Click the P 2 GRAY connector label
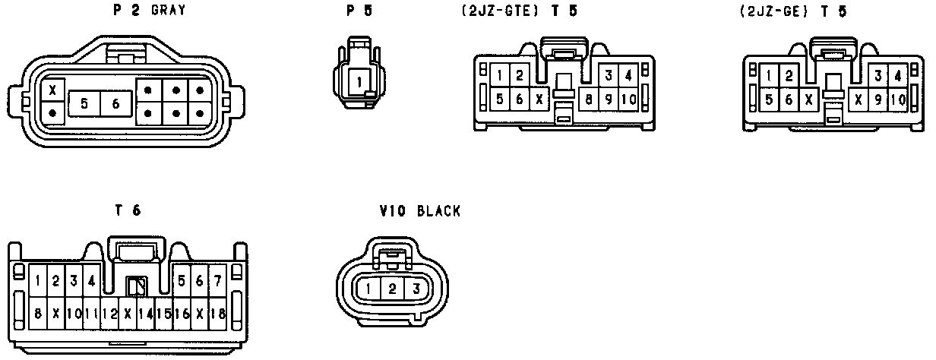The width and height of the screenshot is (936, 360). click(x=148, y=11)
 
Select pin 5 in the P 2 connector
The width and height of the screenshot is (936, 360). click(x=84, y=104)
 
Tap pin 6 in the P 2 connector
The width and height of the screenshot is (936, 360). click(x=115, y=104)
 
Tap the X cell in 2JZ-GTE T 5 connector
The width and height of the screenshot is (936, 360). click(x=538, y=99)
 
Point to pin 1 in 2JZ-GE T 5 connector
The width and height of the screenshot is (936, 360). click(x=770, y=76)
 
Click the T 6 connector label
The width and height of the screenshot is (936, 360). click(x=128, y=212)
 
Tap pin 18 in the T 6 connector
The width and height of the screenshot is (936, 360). click(x=218, y=313)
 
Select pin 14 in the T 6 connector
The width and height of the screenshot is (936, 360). click(x=146, y=313)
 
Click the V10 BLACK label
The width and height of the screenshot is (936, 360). click(x=419, y=212)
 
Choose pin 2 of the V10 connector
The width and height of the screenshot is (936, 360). click(x=392, y=289)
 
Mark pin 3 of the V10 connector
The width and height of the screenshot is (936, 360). click(x=416, y=289)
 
